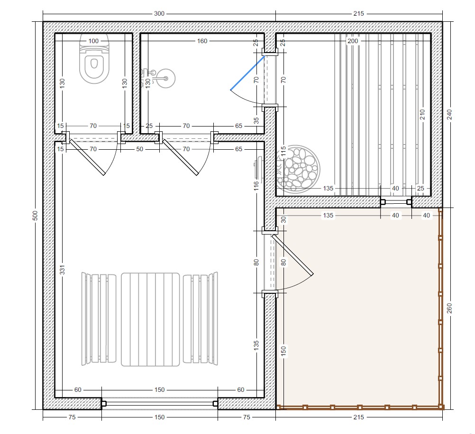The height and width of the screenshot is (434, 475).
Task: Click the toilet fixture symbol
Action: (94, 59)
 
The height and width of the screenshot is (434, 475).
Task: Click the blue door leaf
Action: (247, 73)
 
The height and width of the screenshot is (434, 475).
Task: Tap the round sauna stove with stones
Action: (298, 169)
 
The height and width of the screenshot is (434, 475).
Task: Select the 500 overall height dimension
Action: (35, 216)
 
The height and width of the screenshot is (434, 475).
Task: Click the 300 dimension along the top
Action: (159, 13)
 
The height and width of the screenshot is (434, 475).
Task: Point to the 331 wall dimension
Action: (62, 270)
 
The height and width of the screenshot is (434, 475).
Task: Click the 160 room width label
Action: (202, 41)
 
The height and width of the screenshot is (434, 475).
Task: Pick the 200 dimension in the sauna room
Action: (353, 41)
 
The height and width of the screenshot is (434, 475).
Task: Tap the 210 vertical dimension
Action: (422, 115)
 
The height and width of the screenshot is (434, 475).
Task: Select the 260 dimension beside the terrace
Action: (449, 308)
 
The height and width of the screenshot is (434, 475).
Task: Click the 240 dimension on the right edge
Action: (449, 115)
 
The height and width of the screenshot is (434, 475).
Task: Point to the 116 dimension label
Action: (256, 185)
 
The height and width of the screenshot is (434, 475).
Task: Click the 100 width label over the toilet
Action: (93, 41)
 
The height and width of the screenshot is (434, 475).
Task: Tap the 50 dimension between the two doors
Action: (139, 149)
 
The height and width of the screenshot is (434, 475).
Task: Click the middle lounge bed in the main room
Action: (150, 319)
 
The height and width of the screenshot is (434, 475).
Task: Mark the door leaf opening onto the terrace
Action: (292, 255)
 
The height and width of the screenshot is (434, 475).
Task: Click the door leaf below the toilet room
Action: (87, 157)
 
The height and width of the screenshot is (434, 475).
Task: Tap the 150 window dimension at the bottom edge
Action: (159, 417)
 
